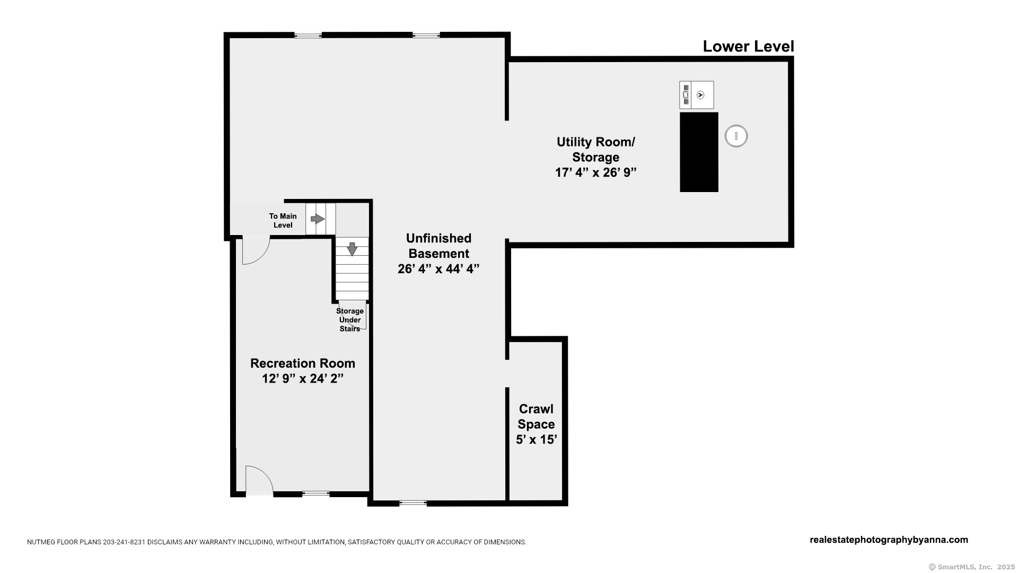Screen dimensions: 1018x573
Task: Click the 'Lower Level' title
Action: coord(748,47)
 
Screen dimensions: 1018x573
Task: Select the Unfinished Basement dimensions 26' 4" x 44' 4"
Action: coord(438,269)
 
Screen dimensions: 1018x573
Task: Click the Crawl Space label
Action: coord(536,416)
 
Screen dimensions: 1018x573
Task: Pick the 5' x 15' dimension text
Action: coord(536,439)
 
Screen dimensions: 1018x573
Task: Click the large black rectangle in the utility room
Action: coord(699,152)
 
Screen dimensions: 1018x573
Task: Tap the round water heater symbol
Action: coord(736,136)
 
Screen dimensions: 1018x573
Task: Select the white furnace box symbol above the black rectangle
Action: coord(697,95)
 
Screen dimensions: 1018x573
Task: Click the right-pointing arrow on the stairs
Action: coord(318,219)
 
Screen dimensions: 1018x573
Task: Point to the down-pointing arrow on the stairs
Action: coord(352,249)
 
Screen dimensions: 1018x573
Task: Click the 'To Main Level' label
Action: coord(283,221)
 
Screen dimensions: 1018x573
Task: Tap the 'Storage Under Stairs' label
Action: coord(350,320)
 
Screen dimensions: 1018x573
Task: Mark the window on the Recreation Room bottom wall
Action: coord(316,493)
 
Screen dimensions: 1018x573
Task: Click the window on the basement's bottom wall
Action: coord(413,503)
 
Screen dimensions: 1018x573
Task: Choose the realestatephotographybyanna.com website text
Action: coord(889,540)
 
